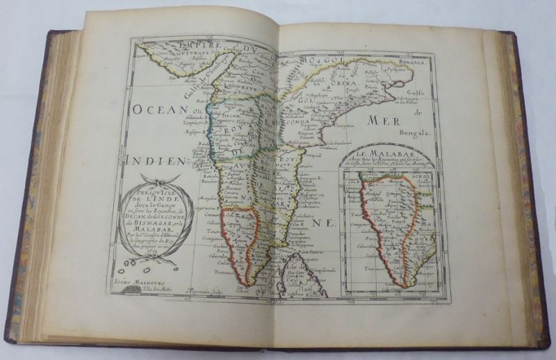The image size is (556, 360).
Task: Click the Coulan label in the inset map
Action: (x=376, y=254)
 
